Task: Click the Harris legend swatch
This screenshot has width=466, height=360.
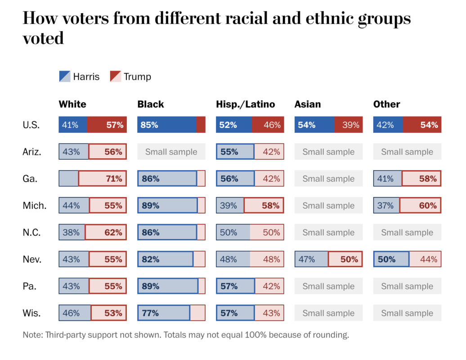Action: (65, 76)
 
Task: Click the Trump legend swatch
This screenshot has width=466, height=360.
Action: (116, 76)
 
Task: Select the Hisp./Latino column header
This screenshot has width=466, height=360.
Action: (245, 104)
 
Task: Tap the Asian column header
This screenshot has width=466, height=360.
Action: (308, 104)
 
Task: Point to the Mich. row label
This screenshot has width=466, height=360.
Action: (35, 206)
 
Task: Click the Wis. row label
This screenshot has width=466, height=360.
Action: (32, 313)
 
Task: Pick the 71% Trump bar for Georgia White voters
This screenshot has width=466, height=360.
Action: (102, 179)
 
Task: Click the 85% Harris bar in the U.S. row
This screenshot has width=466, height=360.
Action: (167, 125)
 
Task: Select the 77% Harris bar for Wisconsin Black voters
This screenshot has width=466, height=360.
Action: (164, 313)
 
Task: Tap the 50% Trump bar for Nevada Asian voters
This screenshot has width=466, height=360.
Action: (345, 259)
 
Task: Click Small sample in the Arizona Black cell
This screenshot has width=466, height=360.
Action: (171, 152)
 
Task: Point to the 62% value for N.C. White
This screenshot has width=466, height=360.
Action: (114, 233)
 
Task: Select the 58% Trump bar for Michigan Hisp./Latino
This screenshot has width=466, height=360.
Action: (264, 206)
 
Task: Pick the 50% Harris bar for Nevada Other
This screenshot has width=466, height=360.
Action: (391, 259)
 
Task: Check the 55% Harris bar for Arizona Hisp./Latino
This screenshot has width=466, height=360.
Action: (235, 152)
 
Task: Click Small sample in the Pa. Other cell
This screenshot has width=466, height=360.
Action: (407, 286)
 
